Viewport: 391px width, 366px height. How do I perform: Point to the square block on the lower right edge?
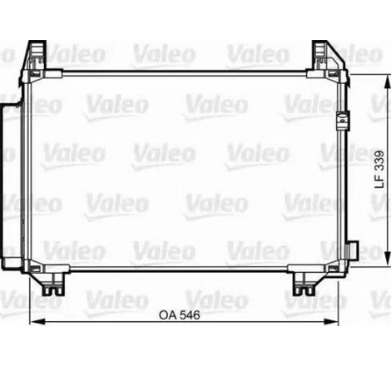tap(354, 250)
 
